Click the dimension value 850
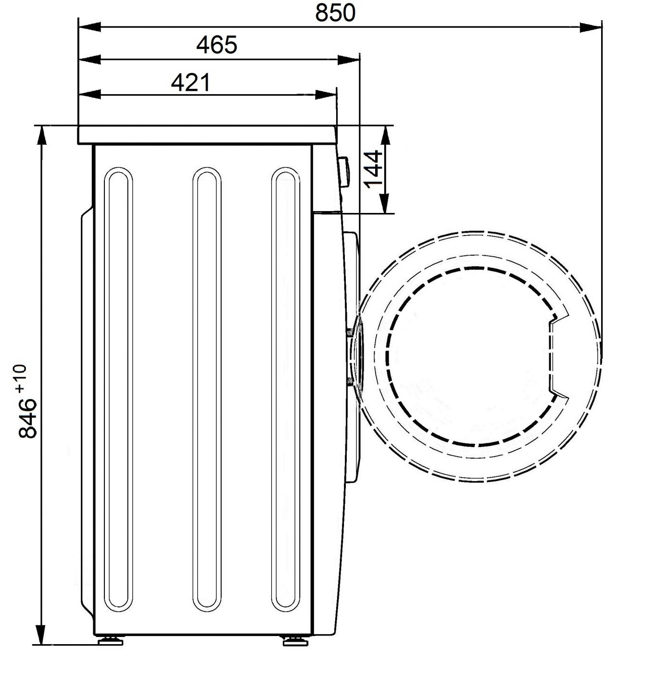coord(335,13)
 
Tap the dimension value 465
coord(216,45)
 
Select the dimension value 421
coord(190,83)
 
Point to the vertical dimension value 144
coord(373,169)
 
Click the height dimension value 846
coord(27,419)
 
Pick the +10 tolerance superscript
coord(21,378)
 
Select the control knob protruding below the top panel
coord(343,172)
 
